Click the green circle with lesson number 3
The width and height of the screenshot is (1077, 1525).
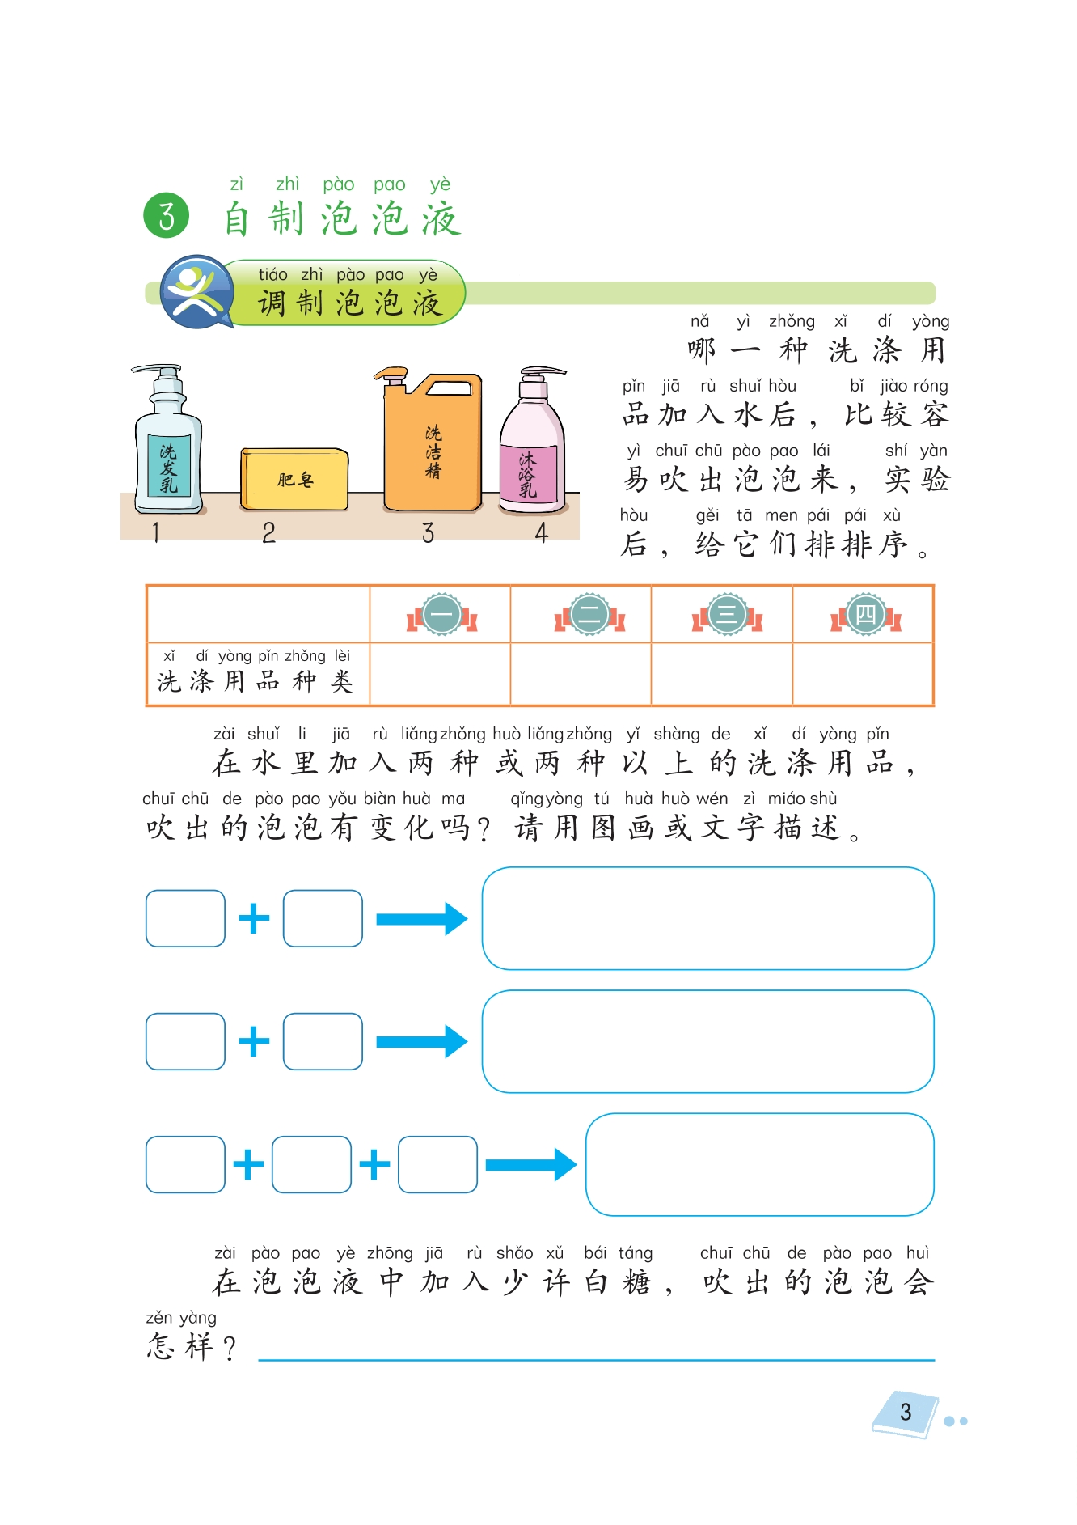[x=166, y=216]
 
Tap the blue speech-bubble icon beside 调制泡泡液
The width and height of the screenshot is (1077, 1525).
[x=195, y=290]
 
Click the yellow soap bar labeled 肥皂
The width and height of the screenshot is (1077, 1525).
[x=294, y=480]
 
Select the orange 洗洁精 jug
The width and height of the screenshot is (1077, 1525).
[x=433, y=450]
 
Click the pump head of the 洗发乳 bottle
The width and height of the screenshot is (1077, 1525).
[x=163, y=373]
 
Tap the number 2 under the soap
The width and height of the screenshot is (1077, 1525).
[x=269, y=532]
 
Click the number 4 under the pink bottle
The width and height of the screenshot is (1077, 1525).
[x=542, y=532]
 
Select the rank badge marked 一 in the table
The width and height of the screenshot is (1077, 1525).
[x=441, y=615]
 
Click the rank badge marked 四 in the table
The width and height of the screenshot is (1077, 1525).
[x=865, y=615]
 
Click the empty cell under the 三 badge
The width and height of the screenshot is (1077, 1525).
[x=721, y=673]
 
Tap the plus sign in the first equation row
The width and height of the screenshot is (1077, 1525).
[x=254, y=918]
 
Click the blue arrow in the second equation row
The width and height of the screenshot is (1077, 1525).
[x=421, y=1041]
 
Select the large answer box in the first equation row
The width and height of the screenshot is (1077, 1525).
[x=707, y=918]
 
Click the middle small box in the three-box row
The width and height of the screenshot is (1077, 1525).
[x=311, y=1164]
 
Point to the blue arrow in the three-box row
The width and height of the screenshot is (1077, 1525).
[x=530, y=1164]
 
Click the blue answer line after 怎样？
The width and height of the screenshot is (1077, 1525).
[x=596, y=1359]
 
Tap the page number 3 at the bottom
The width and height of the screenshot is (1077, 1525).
[x=906, y=1413]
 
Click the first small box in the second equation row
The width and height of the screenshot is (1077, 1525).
[x=185, y=1041]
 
